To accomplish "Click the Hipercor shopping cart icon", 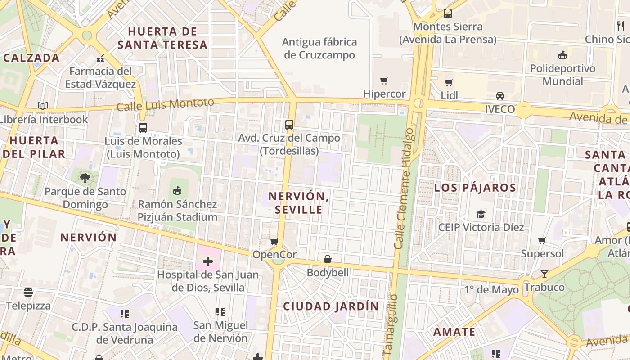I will (384, 81).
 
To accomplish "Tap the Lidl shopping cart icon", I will (449, 82).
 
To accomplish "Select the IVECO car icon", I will (499, 96).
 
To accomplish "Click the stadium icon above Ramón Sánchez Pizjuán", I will (177, 191).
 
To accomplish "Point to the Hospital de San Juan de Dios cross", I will (207, 261).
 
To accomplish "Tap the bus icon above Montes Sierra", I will (447, 13).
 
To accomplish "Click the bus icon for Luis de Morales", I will (143, 128).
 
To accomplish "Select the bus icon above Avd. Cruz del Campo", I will (289, 125).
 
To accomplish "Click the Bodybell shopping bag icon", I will (328, 260).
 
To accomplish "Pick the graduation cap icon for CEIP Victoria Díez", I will (481, 214).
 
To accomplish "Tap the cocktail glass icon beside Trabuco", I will (544, 274).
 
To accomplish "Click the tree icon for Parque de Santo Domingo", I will (85, 178).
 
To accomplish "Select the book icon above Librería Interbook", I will (43, 106).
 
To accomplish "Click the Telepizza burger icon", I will (28, 292).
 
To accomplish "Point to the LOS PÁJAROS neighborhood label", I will (475, 188).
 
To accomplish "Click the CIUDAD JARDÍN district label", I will (331, 306).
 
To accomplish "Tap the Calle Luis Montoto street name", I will (165, 105).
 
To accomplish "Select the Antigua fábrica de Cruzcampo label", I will (319, 49).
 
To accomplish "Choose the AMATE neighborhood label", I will (454, 332).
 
